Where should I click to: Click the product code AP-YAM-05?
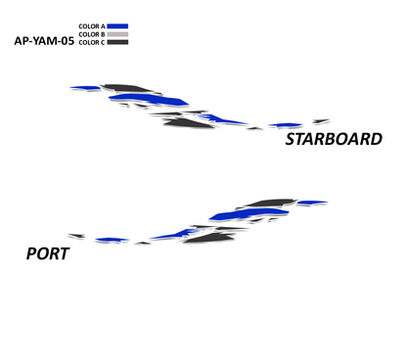pyautogui.click(x=44, y=41)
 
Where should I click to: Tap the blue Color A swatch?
pyautogui.click(x=117, y=26)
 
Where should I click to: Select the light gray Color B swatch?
pyautogui.click(x=117, y=34)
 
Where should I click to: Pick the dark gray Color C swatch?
pyautogui.click(x=117, y=42)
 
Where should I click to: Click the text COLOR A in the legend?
pyautogui.click(x=92, y=26)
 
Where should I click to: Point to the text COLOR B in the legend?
pyautogui.click(x=92, y=34)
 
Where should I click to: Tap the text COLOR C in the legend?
pyautogui.click(x=92, y=42)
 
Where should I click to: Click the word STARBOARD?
pyautogui.click(x=334, y=139)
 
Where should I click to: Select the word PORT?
pyautogui.click(x=48, y=253)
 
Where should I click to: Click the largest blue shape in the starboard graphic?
pyautogui.click(x=149, y=100)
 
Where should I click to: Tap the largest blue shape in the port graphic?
pyautogui.click(x=249, y=214)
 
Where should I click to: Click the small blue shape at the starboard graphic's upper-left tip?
pyautogui.click(x=85, y=88)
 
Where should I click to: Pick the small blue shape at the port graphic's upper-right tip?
pyautogui.click(x=312, y=202)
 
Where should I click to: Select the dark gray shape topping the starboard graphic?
pyautogui.click(x=126, y=88)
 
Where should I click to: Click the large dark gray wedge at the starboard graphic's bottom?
pyautogui.click(x=189, y=123)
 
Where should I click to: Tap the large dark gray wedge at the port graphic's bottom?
pyautogui.click(x=208, y=238)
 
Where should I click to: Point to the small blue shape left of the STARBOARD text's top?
pyautogui.click(x=285, y=125)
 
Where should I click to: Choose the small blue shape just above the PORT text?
pyautogui.click(x=113, y=240)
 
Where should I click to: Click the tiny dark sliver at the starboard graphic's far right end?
pyautogui.click(x=321, y=121)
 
